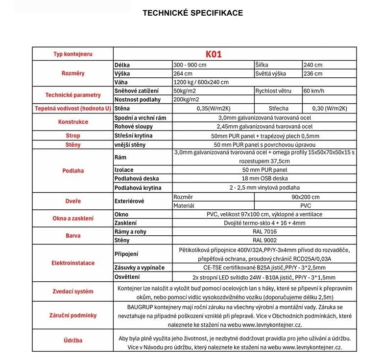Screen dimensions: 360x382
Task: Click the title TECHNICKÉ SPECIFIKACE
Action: [x=192, y=13]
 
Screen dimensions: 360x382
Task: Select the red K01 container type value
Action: [x=214, y=54]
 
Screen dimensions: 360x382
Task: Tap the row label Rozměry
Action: [x=72, y=73]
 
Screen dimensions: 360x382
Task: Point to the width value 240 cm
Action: [x=312, y=65]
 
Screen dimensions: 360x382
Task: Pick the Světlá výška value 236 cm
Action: [x=312, y=73]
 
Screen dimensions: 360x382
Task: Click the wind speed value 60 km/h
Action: [x=313, y=91]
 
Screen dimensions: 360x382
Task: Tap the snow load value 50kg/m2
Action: [x=185, y=91]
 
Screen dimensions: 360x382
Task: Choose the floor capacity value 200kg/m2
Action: [x=187, y=100]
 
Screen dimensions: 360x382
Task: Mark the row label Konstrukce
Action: [x=72, y=122]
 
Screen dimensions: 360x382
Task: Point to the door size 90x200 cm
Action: [x=306, y=197]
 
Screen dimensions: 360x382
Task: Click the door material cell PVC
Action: [x=306, y=206]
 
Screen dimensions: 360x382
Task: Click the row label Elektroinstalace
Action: [x=72, y=263]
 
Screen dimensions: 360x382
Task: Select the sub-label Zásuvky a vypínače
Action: [x=139, y=268]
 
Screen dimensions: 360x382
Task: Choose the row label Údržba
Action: [x=72, y=340]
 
